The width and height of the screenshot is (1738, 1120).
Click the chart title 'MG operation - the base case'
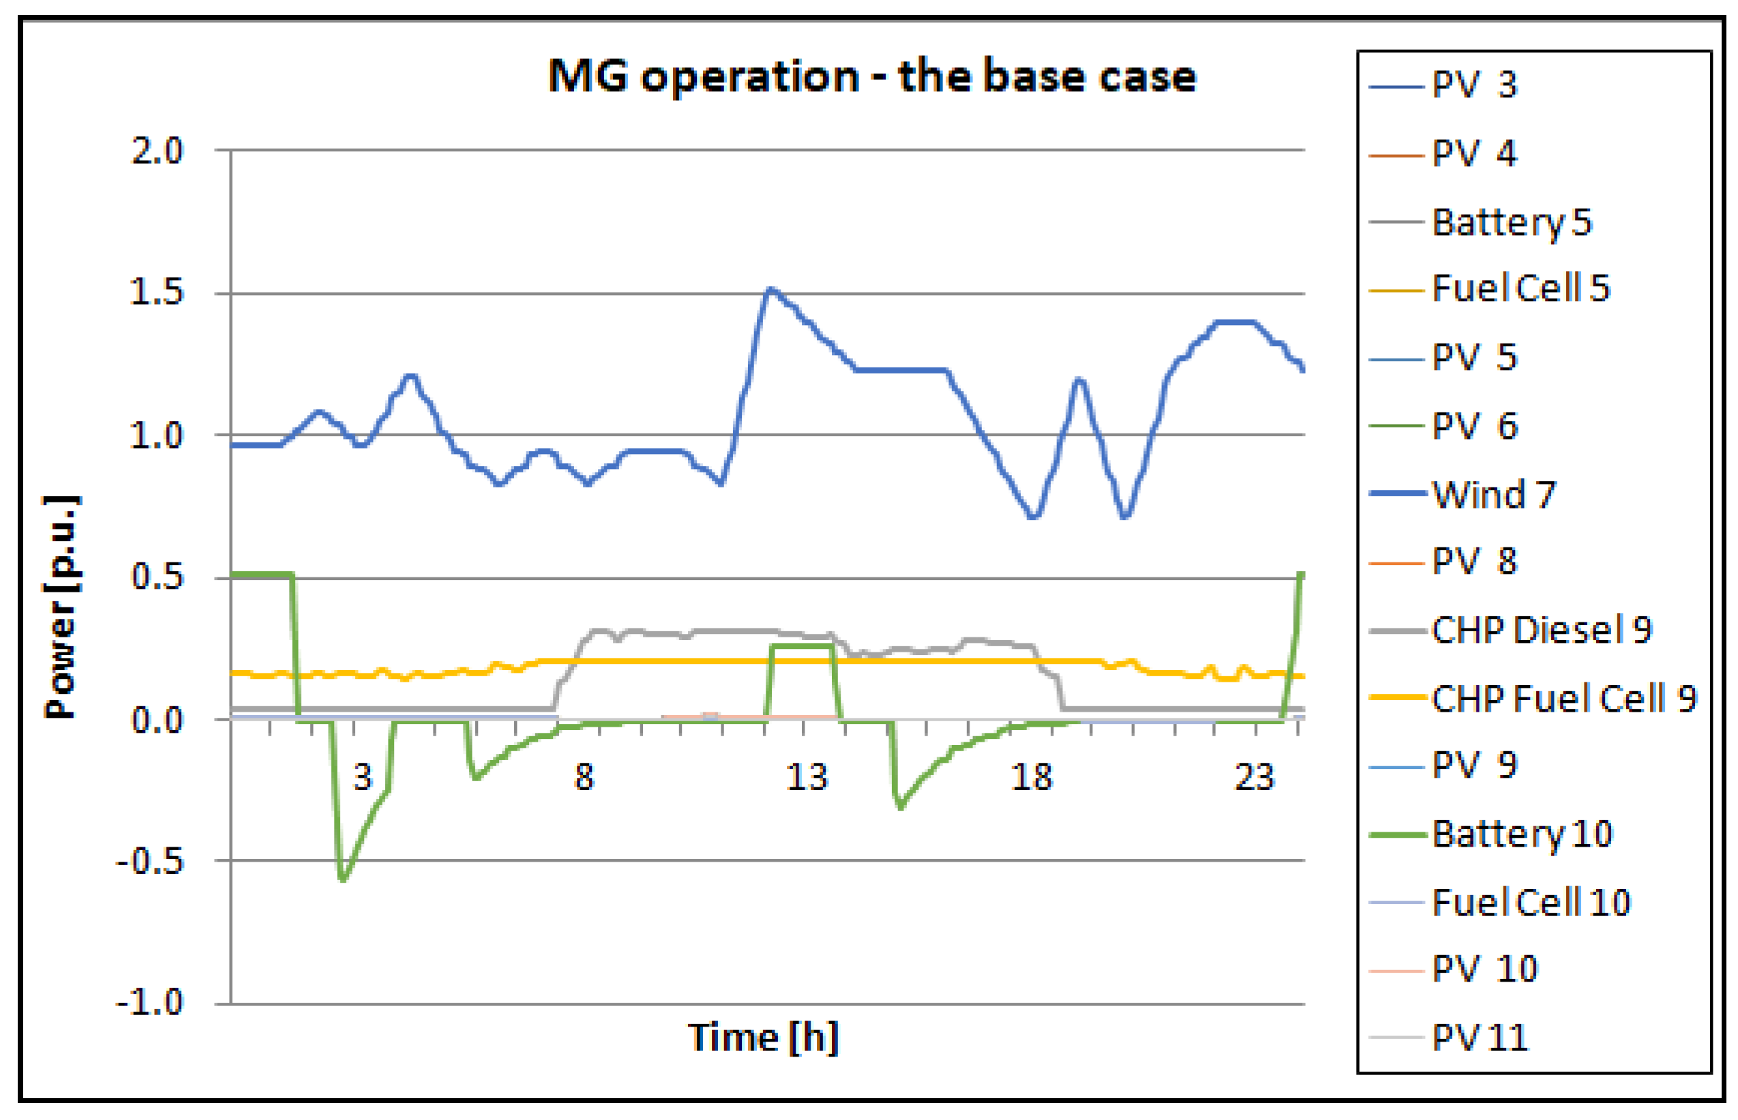coord(871,76)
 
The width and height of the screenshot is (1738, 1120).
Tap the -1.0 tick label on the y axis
coord(150,1003)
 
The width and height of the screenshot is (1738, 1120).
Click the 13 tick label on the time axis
coord(806,777)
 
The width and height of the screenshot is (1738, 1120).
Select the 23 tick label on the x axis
coord(1254,777)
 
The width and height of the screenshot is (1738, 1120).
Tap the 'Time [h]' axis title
coord(763,1037)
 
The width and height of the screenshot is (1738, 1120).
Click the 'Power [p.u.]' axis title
coord(61,607)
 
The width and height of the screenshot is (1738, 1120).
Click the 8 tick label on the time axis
coord(584,777)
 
